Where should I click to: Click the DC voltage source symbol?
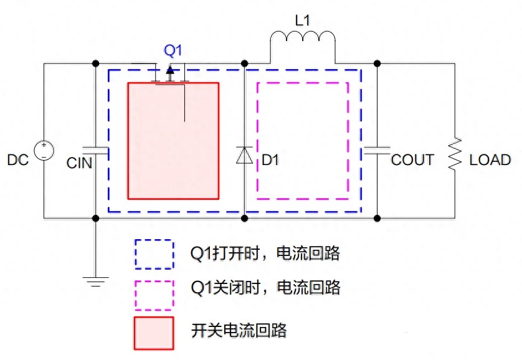click(x=44, y=151)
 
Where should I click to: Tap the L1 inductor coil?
click(x=302, y=44)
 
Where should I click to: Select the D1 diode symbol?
click(x=244, y=155)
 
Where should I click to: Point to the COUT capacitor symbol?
click(x=377, y=149)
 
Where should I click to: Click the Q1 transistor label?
click(x=173, y=49)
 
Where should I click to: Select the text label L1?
click(x=302, y=20)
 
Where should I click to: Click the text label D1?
click(x=270, y=160)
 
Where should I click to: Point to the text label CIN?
click(x=79, y=163)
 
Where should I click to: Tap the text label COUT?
click(x=412, y=160)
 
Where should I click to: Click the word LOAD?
click(x=490, y=160)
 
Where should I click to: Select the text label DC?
click(x=18, y=160)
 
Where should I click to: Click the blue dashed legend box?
click(x=154, y=254)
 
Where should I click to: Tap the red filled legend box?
click(x=154, y=333)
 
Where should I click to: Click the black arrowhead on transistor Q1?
click(x=170, y=70)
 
